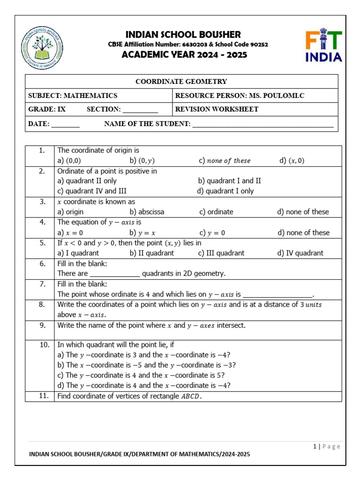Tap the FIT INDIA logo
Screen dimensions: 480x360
(x=324, y=46)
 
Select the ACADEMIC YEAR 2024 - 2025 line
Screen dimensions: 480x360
(x=185, y=55)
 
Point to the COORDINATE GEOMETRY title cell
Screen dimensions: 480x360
(x=181, y=82)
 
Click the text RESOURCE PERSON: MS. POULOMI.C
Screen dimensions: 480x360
(x=240, y=96)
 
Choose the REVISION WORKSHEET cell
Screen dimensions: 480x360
(x=217, y=109)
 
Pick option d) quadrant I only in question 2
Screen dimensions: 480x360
(x=225, y=191)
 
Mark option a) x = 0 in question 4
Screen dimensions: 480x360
(x=70, y=232)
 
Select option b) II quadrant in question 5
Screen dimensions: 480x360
(x=151, y=253)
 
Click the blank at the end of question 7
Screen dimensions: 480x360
(x=278, y=295)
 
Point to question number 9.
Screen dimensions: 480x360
(x=42, y=325)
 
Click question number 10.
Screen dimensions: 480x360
(x=44, y=345)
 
